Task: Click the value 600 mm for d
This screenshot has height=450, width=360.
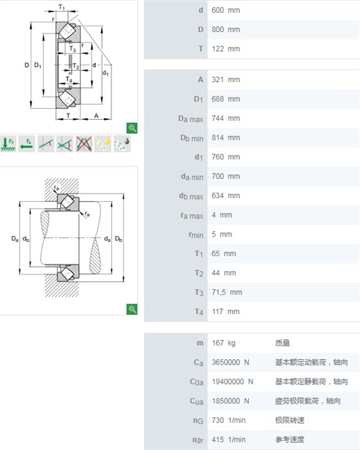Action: pos(226,10)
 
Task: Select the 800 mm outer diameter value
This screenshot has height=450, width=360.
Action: pos(226,30)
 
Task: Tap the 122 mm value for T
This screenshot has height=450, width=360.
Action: pos(226,49)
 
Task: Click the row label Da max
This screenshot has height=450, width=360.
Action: pos(191,118)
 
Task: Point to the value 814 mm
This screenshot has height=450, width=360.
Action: pos(226,138)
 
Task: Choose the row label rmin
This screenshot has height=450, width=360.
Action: pos(196,235)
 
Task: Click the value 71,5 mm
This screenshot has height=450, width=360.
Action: pos(227,292)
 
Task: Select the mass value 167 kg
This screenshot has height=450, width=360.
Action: pos(223,343)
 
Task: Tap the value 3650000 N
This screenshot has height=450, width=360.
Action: pos(231,363)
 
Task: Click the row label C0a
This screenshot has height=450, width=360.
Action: pos(197,382)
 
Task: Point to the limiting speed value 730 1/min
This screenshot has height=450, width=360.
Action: pos(228,420)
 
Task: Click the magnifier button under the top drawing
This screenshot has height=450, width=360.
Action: pos(132,128)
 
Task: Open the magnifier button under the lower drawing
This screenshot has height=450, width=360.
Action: pos(132,309)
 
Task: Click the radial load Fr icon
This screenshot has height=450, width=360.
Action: pos(8,144)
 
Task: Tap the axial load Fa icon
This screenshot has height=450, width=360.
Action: pos(27,144)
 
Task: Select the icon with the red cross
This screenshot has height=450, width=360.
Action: pos(84,144)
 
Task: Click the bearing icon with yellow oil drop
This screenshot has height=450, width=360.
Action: pos(103,144)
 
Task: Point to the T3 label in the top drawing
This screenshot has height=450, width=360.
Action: pos(73,49)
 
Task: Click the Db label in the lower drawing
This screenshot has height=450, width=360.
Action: pos(118,239)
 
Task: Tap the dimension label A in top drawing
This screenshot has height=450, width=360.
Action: pos(96,116)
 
